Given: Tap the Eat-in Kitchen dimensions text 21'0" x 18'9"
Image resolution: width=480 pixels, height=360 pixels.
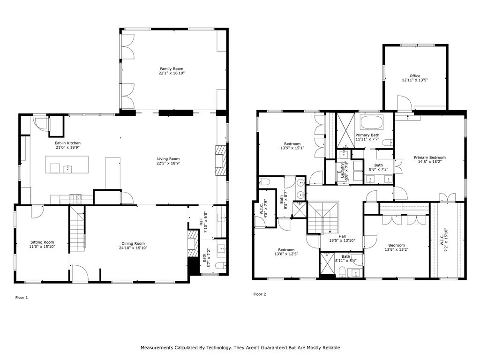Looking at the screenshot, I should click(67, 148).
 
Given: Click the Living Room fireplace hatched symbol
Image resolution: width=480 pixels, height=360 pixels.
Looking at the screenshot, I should click(221, 159).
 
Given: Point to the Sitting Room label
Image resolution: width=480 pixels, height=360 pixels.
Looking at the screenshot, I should click(42, 242).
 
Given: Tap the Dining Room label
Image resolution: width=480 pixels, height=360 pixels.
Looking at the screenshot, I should click(133, 243).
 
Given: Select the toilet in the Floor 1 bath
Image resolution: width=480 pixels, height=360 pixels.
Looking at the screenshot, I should click(219, 265).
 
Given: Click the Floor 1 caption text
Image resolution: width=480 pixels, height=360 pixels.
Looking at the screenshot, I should click(22, 298).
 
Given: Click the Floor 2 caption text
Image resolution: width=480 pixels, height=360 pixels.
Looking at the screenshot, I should click(260, 294).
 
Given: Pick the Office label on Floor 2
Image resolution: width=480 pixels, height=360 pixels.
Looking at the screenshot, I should click(415, 76).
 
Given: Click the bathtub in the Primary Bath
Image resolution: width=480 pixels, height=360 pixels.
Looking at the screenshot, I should click(372, 123).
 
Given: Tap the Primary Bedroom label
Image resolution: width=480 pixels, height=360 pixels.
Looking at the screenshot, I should click(429, 157).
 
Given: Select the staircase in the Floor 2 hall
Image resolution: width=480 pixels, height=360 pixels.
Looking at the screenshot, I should click(323, 217).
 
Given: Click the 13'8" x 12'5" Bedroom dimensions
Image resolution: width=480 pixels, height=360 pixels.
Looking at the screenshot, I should click(286, 254).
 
